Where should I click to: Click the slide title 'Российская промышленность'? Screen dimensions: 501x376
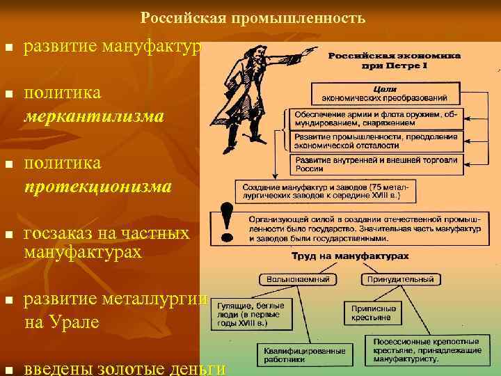click(252, 17)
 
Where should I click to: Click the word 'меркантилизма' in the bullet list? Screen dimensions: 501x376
click(94, 115)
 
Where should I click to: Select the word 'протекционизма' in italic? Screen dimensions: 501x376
click(97, 187)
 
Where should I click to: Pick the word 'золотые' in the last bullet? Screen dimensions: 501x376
click(123, 368)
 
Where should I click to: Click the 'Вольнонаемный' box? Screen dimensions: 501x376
click(299, 280)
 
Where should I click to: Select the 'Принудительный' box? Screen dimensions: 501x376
click(400, 280)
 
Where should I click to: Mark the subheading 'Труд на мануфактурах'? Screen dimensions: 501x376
click(351, 256)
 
